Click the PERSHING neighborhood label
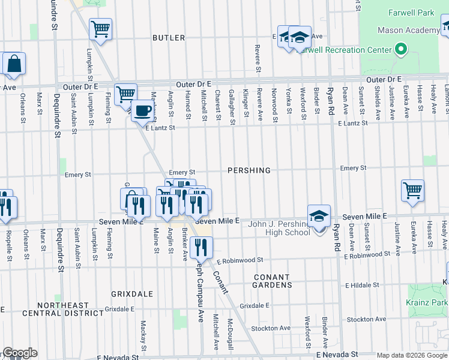(249, 170)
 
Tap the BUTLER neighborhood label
(169, 38)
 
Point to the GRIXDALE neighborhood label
(128, 294)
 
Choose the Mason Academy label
(408, 31)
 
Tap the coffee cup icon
(142, 110)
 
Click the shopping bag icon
(13, 64)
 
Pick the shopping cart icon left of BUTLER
(101, 28)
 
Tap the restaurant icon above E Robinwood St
(200, 246)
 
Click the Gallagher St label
(232, 103)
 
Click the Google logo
(19, 353)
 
